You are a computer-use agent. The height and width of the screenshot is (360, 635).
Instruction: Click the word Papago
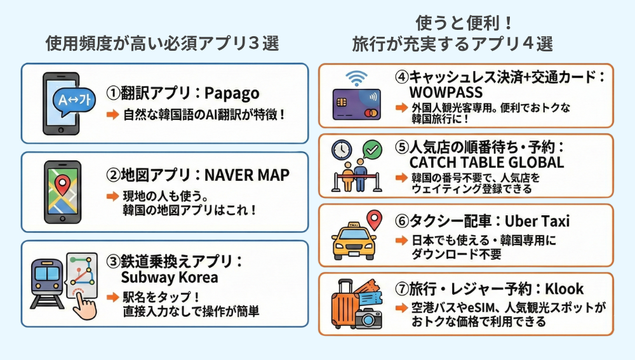click(x=232, y=93)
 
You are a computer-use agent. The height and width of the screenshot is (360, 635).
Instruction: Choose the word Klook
click(x=564, y=290)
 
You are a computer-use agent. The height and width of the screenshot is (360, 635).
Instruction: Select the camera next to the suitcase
click(x=368, y=317)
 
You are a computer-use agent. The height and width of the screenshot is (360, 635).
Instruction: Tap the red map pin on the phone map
click(x=62, y=185)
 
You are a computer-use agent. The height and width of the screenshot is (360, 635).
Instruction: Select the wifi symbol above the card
click(x=356, y=79)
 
